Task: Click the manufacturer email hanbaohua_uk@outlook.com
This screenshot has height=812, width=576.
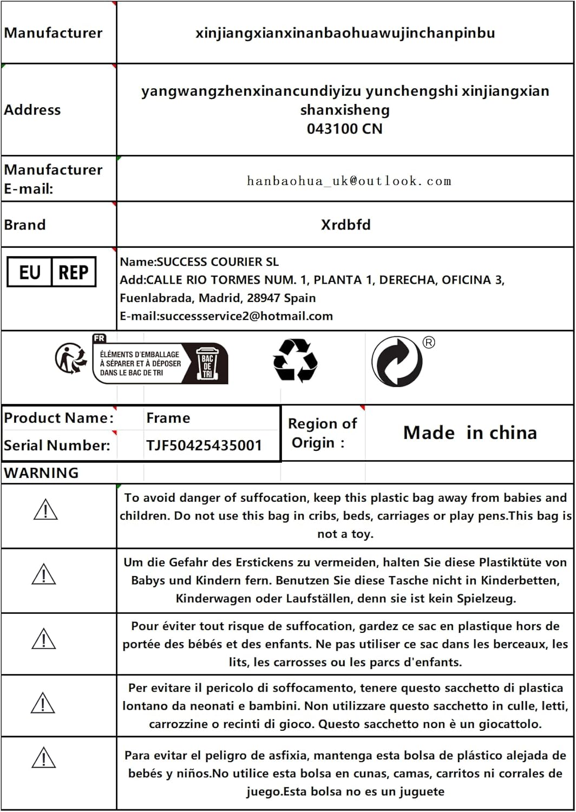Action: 349,181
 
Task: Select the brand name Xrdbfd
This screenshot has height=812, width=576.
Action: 345,225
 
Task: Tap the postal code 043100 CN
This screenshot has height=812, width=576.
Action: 344,129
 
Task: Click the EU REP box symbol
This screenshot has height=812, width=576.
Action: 51,272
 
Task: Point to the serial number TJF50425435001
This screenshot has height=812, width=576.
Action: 204,446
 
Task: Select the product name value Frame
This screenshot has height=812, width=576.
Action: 168,418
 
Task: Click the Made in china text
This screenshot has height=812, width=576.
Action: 470,433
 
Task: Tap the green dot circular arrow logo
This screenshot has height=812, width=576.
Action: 397,362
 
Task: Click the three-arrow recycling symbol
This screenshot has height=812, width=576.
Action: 295,361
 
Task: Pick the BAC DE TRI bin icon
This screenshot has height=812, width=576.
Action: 207,363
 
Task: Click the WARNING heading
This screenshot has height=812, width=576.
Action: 41,473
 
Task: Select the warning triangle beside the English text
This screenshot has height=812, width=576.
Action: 45,510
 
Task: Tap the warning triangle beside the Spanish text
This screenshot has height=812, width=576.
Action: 44,757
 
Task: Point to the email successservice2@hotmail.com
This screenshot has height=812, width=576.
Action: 246,316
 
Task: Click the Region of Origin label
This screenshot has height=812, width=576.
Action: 322,433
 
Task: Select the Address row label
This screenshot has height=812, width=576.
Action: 32,110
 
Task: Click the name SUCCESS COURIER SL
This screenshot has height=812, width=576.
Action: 217,262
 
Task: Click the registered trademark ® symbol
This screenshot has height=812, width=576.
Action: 429,343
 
